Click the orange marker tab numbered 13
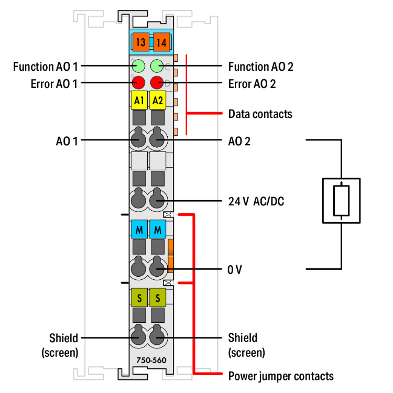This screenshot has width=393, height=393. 140,42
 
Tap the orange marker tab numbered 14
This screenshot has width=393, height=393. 160,42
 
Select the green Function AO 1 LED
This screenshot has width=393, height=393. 139,66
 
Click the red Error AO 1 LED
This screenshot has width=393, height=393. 139,82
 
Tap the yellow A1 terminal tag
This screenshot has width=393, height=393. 139,100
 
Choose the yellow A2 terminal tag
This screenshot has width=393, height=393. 157,100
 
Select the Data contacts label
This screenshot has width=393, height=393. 260,113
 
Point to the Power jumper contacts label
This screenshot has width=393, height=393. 280,375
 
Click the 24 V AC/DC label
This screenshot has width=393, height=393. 256,201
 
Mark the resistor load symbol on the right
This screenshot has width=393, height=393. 341,200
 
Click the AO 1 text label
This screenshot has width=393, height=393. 68,140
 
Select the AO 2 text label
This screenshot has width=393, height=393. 239,140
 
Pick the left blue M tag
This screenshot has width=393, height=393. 139,230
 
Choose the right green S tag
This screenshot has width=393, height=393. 157,298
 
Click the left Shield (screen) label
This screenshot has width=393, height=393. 60,345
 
